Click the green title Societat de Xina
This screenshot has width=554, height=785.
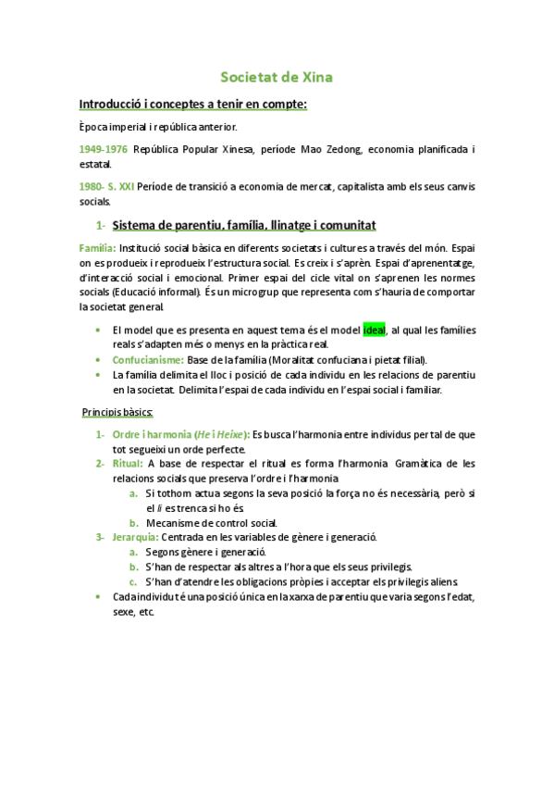click(277, 77)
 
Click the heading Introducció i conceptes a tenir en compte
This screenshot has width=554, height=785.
click(192, 104)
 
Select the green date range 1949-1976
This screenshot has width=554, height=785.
click(104, 149)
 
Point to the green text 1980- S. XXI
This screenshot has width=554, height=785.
click(107, 186)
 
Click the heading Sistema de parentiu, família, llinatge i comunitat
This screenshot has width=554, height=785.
click(243, 225)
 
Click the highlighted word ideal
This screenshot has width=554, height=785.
click(374, 330)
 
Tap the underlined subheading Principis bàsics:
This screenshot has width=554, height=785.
click(117, 411)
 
